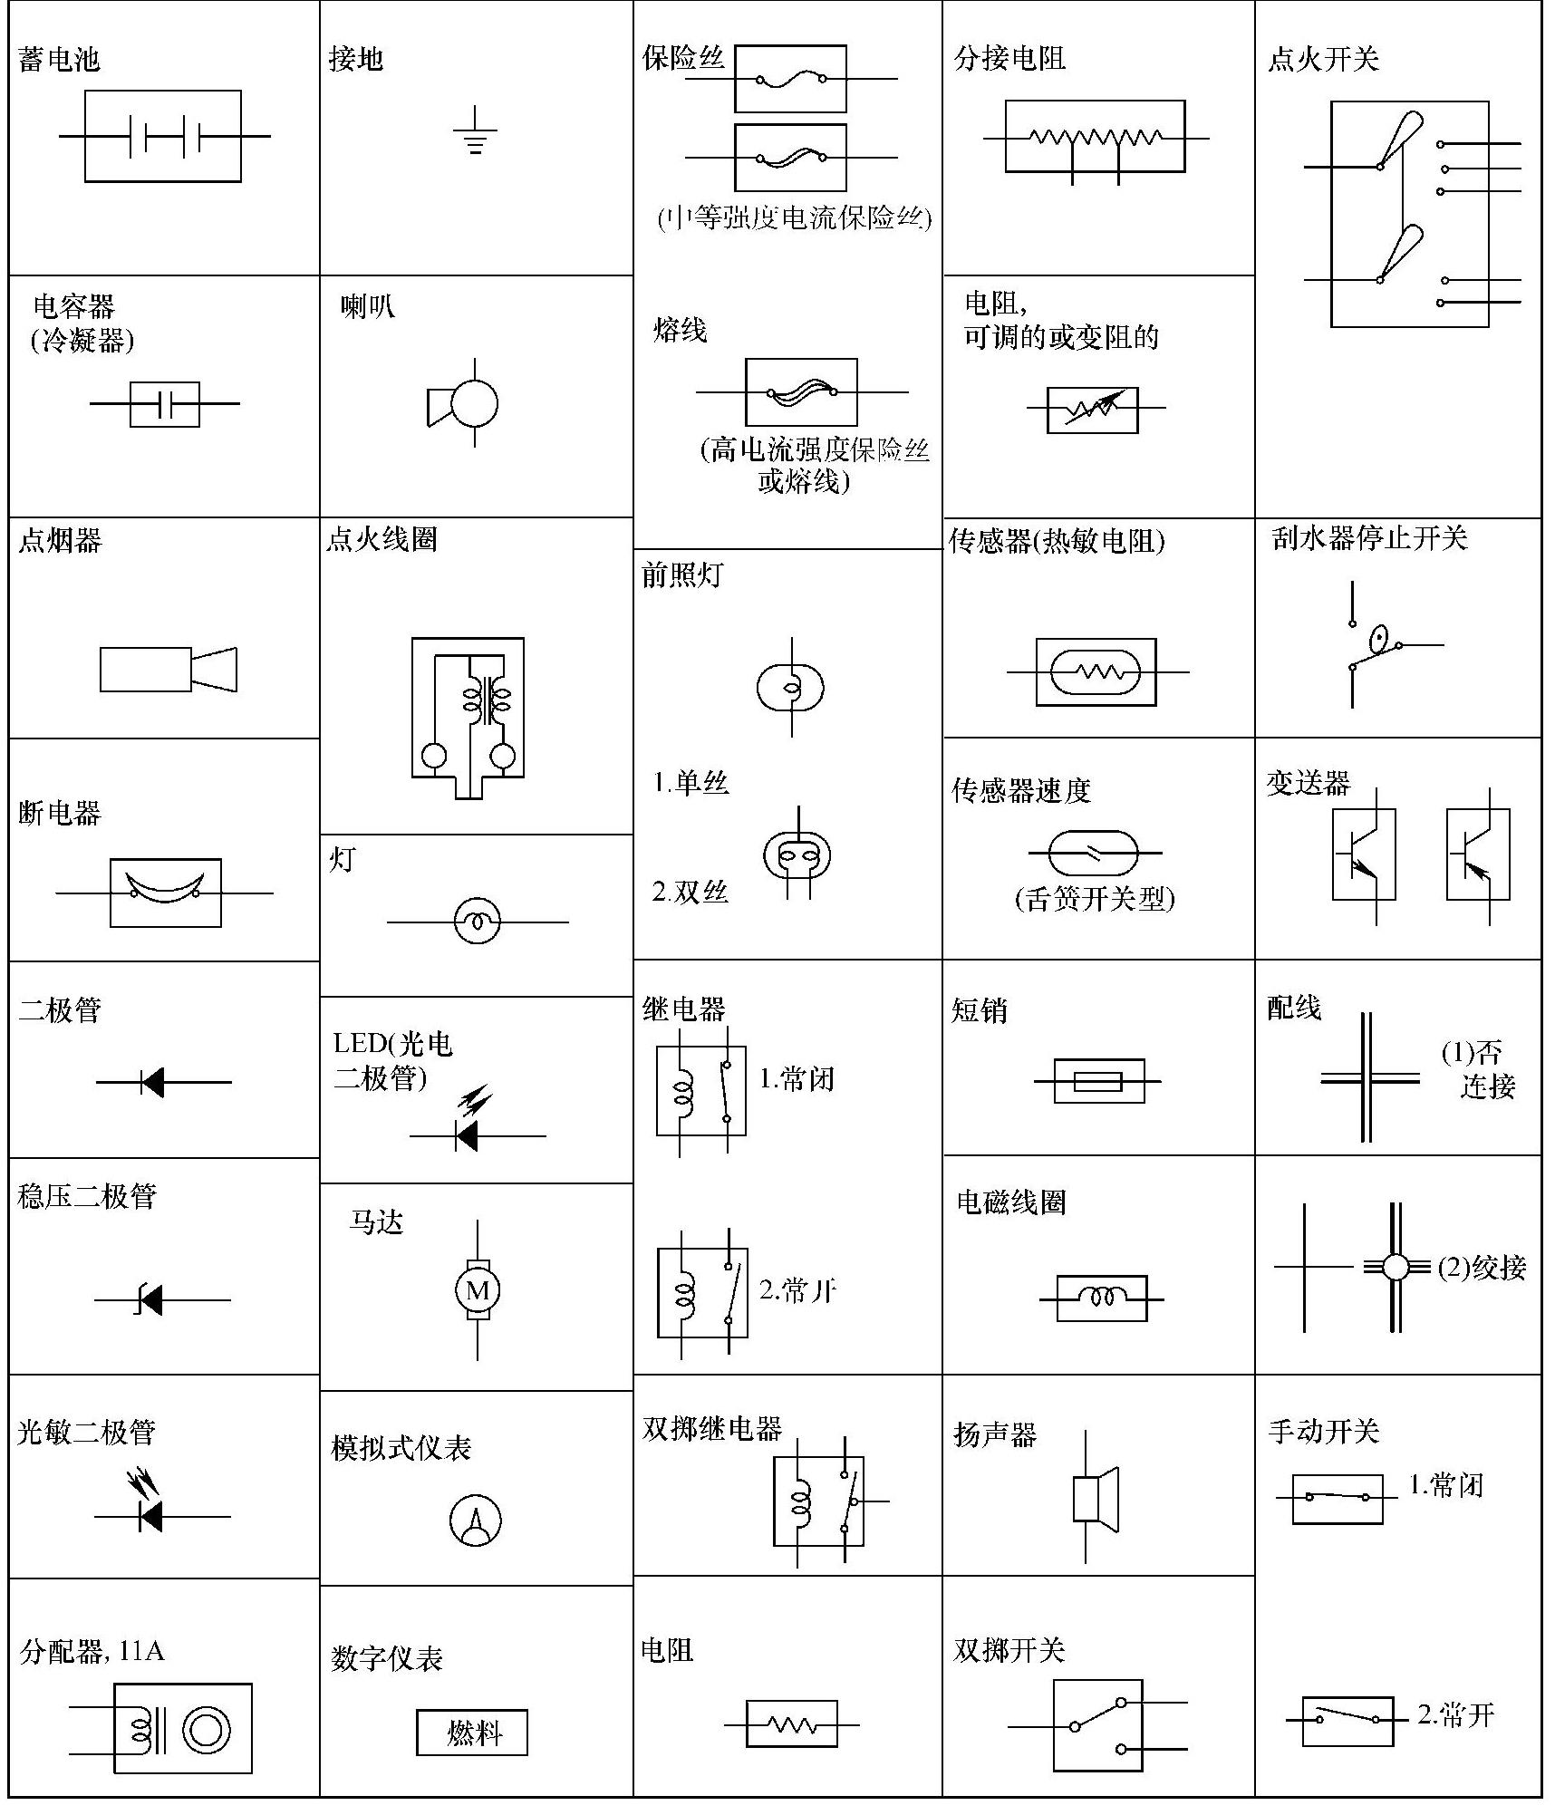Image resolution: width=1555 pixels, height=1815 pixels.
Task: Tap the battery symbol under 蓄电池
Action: point(163,136)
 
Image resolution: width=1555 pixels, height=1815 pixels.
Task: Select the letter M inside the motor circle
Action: point(477,1289)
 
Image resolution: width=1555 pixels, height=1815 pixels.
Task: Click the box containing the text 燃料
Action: point(472,1733)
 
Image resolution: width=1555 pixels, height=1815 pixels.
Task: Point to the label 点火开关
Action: point(1323,60)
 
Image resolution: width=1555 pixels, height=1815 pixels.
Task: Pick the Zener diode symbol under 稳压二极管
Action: point(150,1299)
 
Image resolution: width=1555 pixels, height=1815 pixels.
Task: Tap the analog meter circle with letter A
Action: point(476,1520)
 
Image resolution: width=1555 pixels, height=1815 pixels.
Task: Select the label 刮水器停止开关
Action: point(1369,538)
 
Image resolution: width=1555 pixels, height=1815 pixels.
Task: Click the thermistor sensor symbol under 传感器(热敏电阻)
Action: point(1096,671)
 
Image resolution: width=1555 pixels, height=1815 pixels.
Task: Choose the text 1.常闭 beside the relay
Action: point(797,1078)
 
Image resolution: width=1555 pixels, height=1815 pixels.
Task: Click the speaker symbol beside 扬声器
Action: point(1094,1498)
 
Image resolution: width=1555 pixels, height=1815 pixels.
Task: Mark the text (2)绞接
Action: point(1483,1267)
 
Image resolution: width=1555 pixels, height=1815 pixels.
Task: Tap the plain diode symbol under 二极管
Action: point(152,1082)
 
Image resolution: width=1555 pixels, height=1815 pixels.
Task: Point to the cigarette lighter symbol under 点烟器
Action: point(169,670)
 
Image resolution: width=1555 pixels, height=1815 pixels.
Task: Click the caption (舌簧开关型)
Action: point(1095,898)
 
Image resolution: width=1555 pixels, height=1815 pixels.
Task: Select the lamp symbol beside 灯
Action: point(477,922)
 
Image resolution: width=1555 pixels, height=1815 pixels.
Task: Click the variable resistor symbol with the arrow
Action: point(1093,409)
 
